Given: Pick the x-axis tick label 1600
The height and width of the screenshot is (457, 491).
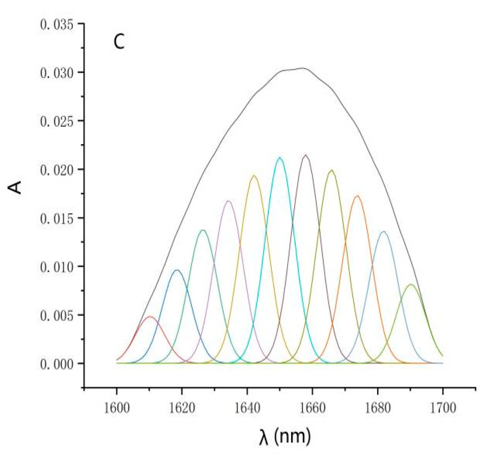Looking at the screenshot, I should (x=117, y=408).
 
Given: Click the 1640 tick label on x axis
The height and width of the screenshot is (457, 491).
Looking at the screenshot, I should (x=247, y=408).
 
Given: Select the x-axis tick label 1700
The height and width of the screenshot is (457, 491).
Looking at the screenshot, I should (x=442, y=408).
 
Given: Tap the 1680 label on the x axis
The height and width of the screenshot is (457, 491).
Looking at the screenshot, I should (x=377, y=408).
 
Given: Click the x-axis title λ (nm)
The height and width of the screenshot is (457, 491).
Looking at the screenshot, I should (x=285, y=437).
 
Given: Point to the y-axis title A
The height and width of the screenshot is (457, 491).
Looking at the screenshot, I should (x=15, y=188).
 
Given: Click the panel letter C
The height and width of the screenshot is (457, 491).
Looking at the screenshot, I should (x=119, y=42).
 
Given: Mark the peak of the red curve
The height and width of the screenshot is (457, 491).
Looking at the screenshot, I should (x=150, y=317).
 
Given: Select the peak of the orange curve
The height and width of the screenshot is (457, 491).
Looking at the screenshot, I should (x=357, y=196).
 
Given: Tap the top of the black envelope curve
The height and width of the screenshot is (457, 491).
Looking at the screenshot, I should (x=303, y=68).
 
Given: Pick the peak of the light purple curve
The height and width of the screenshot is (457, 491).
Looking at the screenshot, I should (x=228, y=201).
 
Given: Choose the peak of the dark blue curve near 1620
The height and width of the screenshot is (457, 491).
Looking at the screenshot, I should (x=177, y=269).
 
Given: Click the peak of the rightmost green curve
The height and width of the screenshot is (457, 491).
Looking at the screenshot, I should (x=411, y=284).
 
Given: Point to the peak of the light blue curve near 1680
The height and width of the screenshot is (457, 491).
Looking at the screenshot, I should (x=384, y=231).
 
